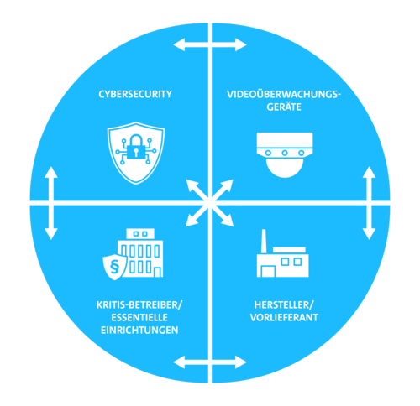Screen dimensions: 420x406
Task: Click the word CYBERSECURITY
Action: pyautogui.click(x=135, y=94)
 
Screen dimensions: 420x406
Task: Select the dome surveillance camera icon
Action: pyautogui.click(x=285, y=155)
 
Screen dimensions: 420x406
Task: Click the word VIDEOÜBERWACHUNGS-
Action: pyautogui.click(x=284, y=95)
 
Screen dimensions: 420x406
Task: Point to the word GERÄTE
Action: pyautogui.click(x=284, y=107)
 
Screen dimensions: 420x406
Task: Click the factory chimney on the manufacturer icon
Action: pyautogui.click(x=264, y=242)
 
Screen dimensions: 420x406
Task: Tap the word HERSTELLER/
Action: pyautogui.click(x=284, y=305)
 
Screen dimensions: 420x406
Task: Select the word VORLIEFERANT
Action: pyautogui.click(x=284, y=318)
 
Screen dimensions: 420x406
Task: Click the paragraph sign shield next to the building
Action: pyautogui.click(x=114, y=267)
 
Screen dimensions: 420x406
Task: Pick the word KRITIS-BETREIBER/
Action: pyautogui.click(x=139, y=305)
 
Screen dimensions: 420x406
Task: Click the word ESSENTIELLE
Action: pyautogui.click(x=139, y=318)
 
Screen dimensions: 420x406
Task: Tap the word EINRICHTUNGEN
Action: pyautogui.click(x=139, y=331)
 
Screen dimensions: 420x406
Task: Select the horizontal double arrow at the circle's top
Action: pyautogui.click(x=210, y=44)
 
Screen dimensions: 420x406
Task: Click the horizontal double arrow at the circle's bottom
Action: pyautogui.click(x=210, y=362)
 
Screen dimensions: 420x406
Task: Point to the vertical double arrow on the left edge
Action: pyautogui.click(x=51, y=203)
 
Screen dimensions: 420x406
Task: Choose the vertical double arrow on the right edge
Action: pyautogui.click(x=369, y=203)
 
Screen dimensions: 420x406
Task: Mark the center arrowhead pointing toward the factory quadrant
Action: pyautogui.click(x=227, y=220)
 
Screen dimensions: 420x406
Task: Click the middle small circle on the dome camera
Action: pyautogui.click(x=285, y=153)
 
